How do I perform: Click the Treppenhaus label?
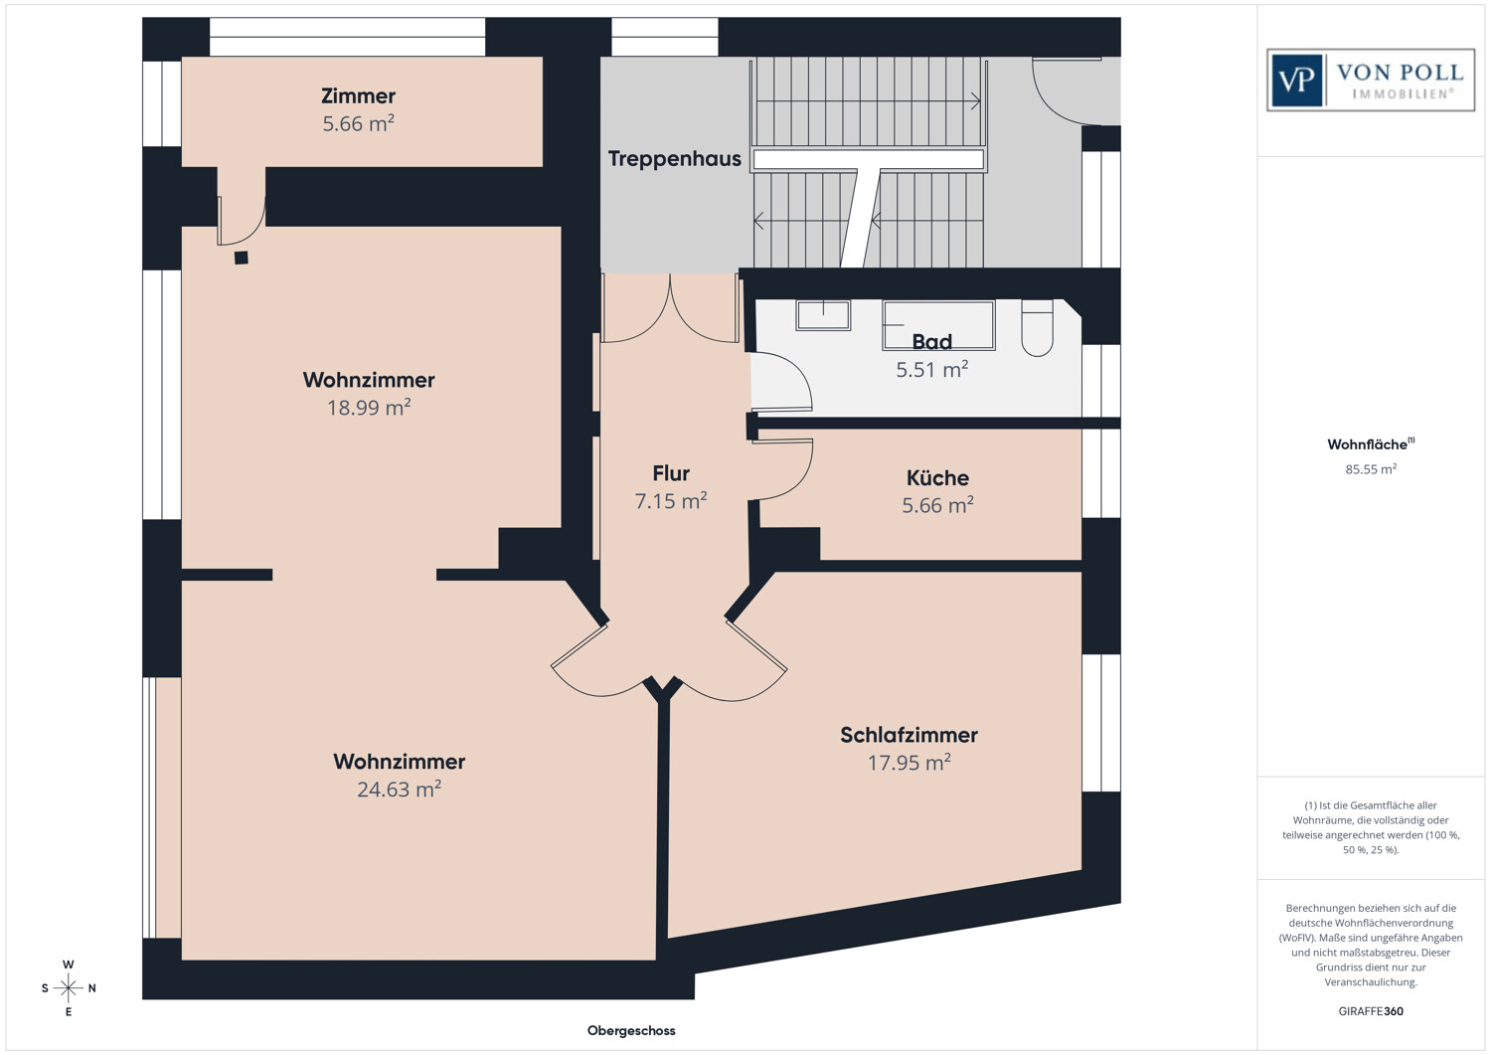674,158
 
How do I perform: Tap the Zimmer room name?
358,95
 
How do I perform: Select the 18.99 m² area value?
369,407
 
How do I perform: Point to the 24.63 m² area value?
399,789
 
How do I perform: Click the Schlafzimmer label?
909,735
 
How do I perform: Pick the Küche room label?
937,477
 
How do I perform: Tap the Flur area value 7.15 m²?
671,500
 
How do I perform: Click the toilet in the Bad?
1037,328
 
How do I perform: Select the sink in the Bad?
823,315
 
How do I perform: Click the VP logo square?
1296,81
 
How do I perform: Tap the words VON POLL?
1400,72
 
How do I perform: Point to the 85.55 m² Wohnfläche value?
1371,469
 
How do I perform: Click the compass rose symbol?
68,987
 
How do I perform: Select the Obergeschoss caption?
631,1030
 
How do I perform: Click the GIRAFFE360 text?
1371,1011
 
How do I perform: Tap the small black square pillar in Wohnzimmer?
242,258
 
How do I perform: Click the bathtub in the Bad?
938,325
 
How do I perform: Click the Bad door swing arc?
796,373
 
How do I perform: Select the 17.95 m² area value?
909,762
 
